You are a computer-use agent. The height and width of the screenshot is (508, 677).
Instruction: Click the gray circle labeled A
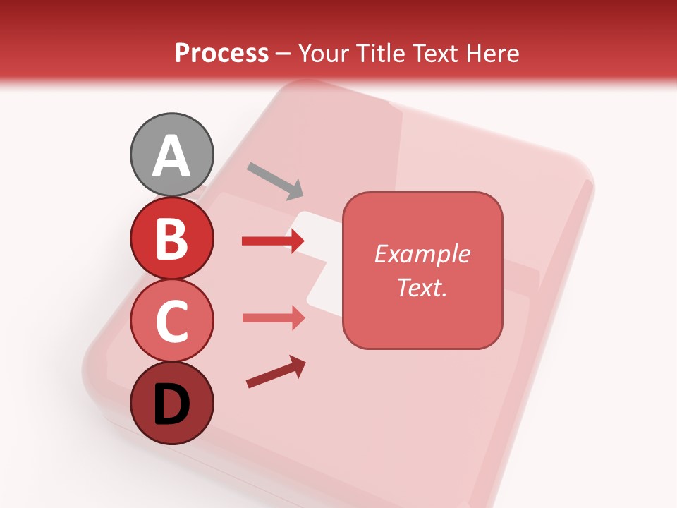171,155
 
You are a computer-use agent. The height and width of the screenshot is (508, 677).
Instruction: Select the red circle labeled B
171,238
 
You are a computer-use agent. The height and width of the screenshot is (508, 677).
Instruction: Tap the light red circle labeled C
171,320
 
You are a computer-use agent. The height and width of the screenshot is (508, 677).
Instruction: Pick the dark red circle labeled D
171,403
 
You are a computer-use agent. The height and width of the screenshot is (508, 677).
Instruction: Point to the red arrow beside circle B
273,241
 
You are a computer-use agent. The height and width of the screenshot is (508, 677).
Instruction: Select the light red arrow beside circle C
273,317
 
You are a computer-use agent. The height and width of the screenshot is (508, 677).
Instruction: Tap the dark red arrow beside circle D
276,372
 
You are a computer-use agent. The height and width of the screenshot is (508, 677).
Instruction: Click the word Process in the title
221,54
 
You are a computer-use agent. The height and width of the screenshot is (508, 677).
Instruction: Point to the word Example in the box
422,254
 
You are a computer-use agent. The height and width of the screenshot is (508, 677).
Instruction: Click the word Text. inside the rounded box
422,287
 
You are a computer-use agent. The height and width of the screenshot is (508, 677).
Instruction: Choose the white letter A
171,156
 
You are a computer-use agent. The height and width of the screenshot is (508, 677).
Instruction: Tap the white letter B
171,238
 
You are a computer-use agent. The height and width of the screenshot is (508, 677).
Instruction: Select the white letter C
171,321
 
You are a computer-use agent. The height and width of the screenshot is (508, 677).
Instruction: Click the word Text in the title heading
434,54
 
